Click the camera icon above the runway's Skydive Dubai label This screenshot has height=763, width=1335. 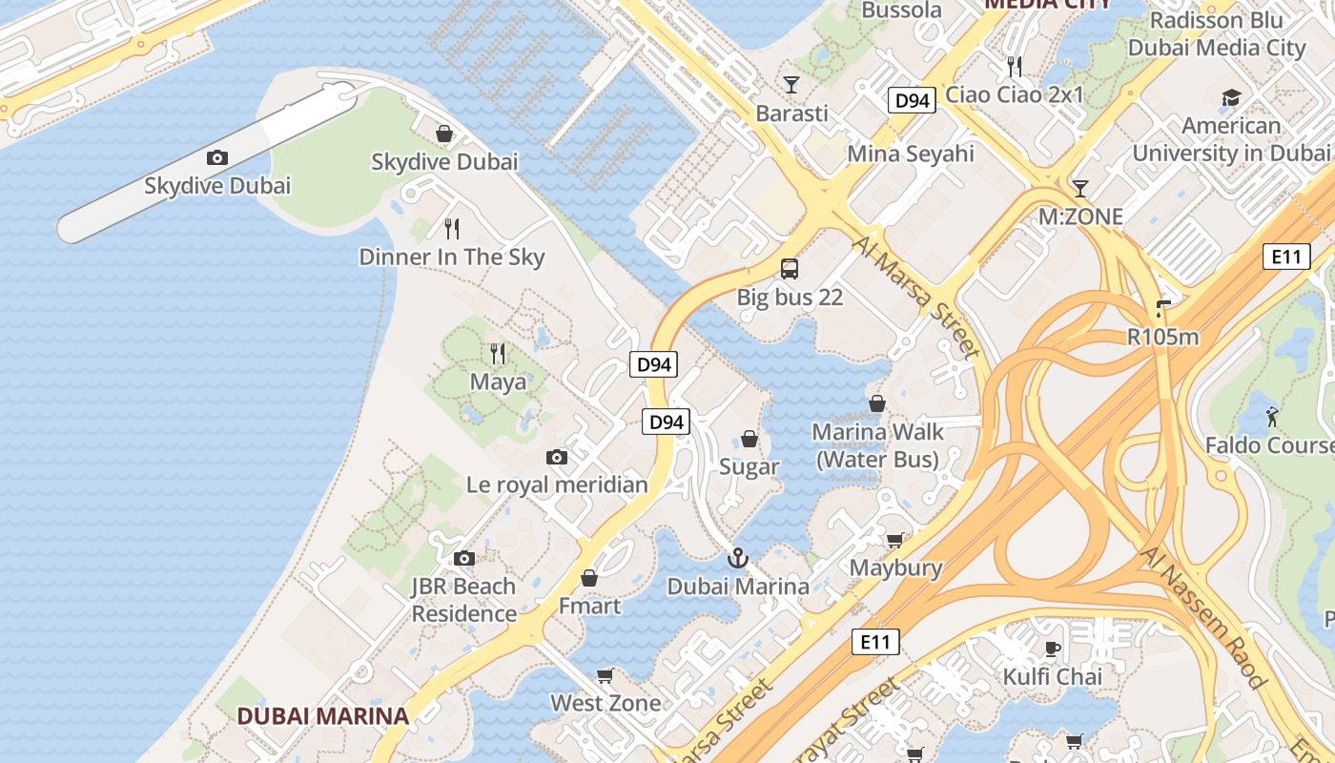[x=217, y=158]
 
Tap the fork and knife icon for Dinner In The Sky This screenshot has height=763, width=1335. [x=452, y=229]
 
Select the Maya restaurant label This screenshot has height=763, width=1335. [x=498, y=382]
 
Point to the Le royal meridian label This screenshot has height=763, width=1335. [x=557, y=485]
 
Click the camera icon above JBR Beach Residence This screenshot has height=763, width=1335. [x=464, y=559]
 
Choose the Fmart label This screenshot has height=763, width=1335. [x=589, y=606]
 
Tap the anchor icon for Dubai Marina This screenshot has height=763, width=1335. [x=737, y=559]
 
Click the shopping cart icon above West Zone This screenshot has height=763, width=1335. [x=605, y=676]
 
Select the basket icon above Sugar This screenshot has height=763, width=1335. [x=750, y=440]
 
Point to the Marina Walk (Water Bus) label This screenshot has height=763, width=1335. [x=877, y=445]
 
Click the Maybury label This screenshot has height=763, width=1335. [x=895, y=568]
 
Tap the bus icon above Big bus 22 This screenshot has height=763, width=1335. [x=790, y=269]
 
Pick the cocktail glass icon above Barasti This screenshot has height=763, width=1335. [x=791, y=85]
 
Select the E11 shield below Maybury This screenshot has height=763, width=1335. [x=875, y=642]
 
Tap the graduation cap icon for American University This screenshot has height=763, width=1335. [x=1231, y=98]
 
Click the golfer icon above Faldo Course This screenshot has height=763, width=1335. [x=1272, y=417]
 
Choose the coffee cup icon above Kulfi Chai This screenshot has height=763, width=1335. [x=1053, y=650]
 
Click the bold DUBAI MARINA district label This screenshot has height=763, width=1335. [x=322, y=715]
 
